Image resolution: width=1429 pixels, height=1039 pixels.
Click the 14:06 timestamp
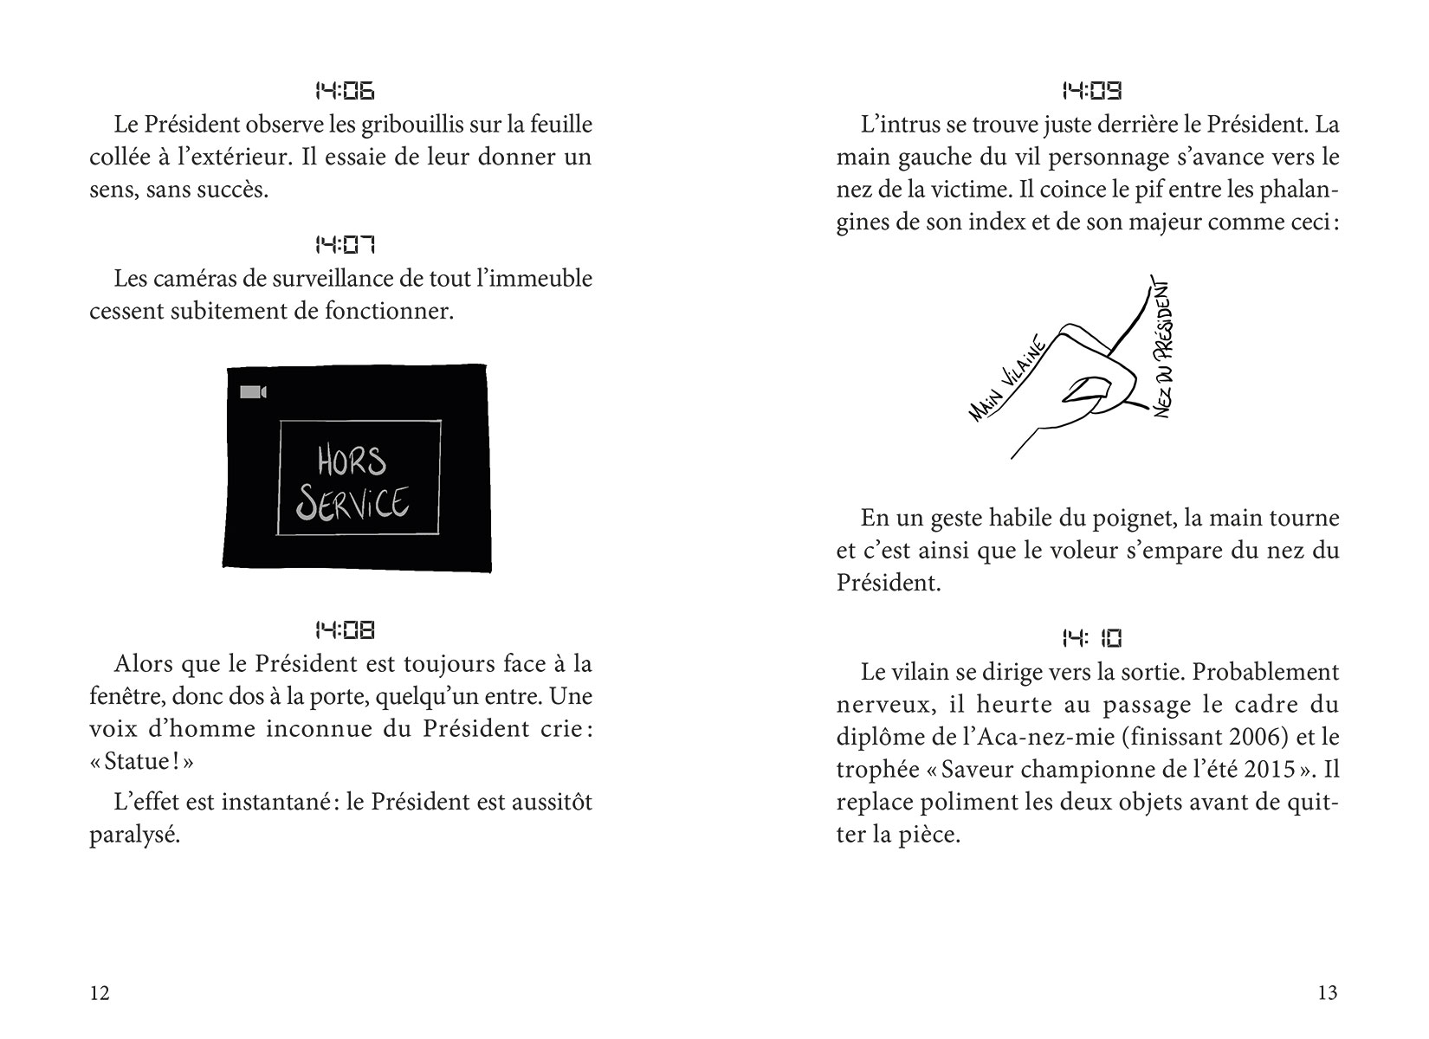click(344, 91)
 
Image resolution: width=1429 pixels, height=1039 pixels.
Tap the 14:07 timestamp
click(344, 246)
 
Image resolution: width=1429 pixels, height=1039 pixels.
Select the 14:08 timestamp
click(344, 630)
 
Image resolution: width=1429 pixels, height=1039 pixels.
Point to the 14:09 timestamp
click(1091, 90)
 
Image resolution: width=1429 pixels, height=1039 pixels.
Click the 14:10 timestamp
click(1091, 639)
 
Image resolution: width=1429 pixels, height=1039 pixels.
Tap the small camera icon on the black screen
click(253, 392)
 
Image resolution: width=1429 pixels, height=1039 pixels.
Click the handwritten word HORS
click(351, 461)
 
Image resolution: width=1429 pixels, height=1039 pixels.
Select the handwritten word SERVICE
click(352, 503)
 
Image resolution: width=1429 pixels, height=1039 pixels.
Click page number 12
click(100, 992)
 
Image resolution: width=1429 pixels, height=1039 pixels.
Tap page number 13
click(1327, 992)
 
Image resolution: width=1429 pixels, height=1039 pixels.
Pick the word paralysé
click(134, 835)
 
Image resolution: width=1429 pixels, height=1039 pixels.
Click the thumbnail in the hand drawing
click(1082, 389)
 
